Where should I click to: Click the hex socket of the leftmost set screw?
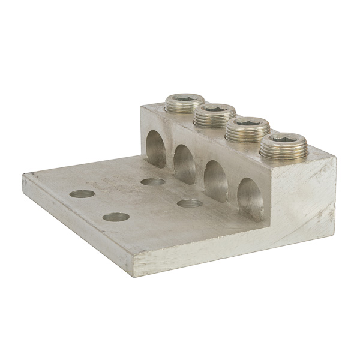pos(179,100)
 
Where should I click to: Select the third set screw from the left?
pos(246,127)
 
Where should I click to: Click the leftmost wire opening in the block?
pos(157,143)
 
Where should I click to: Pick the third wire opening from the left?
pos(215,179)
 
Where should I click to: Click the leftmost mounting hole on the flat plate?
pos(82,194)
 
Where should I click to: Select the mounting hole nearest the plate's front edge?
pos(116,217)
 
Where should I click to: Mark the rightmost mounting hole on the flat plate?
pos(190,203)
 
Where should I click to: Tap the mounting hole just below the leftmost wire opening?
pos(152,181)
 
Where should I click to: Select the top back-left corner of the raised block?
pos(143,106)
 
